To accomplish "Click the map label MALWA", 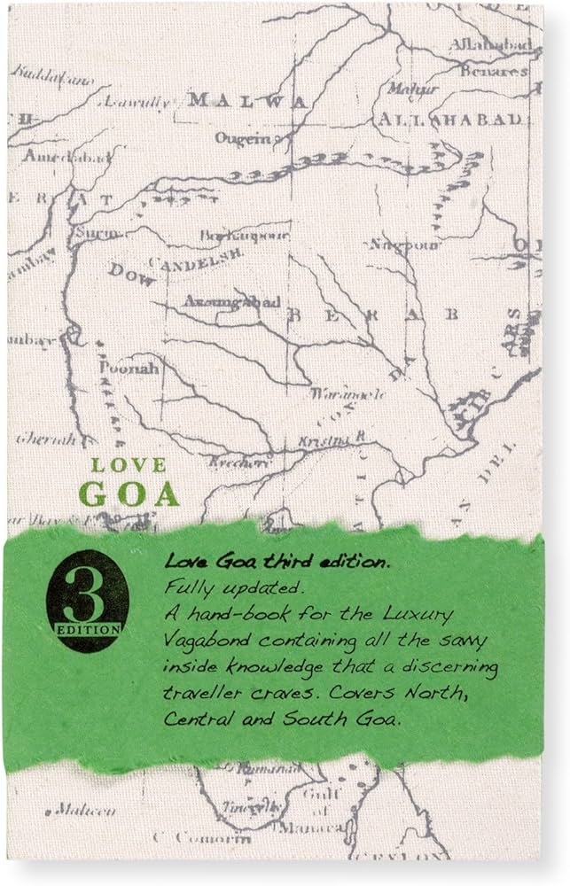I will point(247,100).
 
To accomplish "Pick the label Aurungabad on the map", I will point(231,302).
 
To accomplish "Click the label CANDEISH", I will point(196,258).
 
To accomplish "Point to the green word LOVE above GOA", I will point(129,464).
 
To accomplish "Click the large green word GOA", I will point(129,494).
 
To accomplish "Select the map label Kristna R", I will point(337,439).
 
